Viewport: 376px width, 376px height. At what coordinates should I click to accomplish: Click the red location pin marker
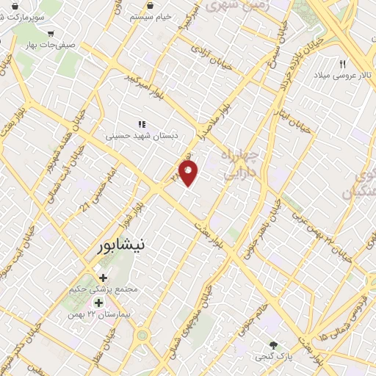pos(189,173)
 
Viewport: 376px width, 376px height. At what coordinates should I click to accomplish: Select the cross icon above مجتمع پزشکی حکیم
pos(102,278)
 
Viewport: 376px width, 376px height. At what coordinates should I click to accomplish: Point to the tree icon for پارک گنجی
pos(274,346)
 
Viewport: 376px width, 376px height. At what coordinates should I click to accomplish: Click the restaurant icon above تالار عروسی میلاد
pos(341,65)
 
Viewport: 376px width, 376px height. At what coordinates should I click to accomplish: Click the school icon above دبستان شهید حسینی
pos(142,124)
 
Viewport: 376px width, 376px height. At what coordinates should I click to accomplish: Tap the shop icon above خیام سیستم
pos(150,4)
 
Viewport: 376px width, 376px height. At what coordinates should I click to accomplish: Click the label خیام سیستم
pos(150,15)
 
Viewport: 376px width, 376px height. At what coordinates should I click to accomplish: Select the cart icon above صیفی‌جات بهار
pos(50,33)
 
